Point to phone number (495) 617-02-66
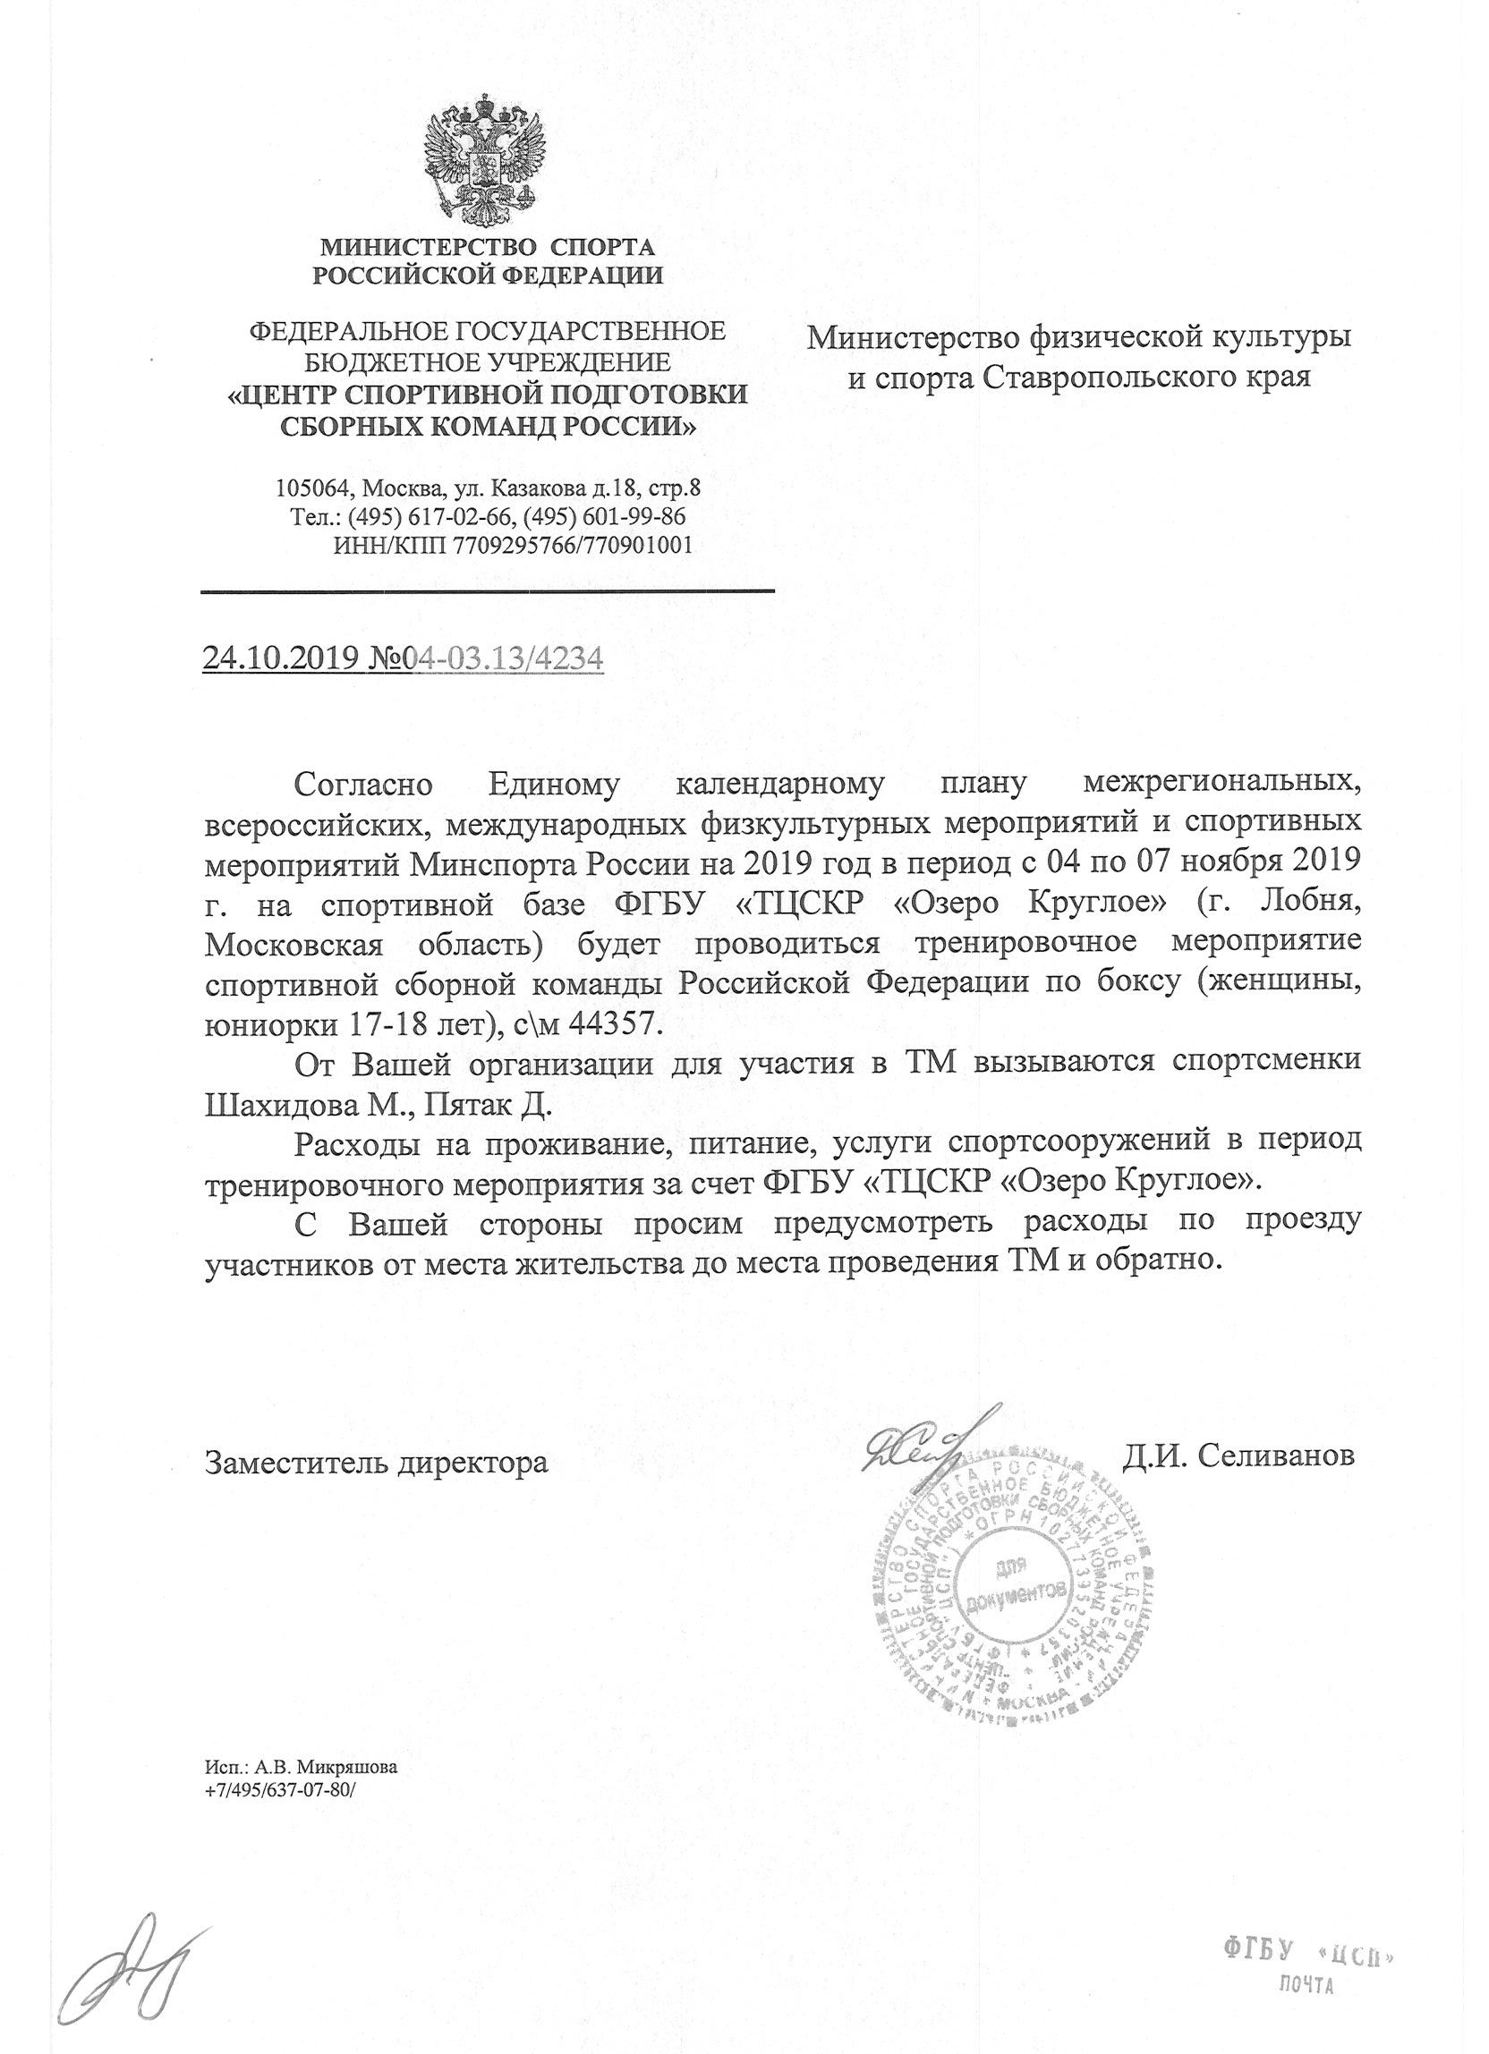click(x=418, y=517)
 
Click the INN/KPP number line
click(x=513, y=545)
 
